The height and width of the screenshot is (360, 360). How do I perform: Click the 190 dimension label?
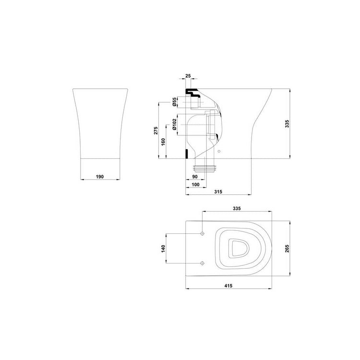[x=100, y=177]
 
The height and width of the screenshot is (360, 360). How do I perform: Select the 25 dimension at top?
[x=188, y=76]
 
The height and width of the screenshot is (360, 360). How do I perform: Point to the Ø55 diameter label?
[x=174, y=102]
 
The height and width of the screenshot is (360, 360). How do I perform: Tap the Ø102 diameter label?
[x=174, y=124]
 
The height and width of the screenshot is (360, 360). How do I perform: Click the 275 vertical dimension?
[x=156, y=131]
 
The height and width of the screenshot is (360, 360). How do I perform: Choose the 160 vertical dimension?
[x=163, y=142]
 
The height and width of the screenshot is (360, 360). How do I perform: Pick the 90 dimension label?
[x=195, y=177]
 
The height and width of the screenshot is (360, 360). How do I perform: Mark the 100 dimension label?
[x=195, y=184]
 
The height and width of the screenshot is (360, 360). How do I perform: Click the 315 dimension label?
[x=218, y=192]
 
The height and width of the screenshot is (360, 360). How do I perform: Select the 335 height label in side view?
[x=287, y=123]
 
